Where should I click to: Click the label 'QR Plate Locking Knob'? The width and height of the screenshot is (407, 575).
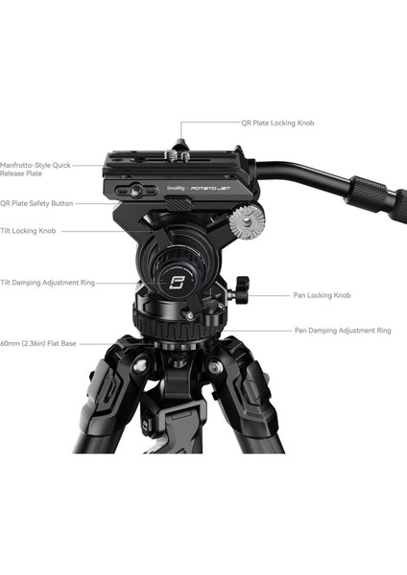point(277,123)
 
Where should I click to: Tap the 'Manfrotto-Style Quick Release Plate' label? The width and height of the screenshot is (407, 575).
point(36,169)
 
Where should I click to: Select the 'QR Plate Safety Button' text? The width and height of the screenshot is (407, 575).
point(36,203)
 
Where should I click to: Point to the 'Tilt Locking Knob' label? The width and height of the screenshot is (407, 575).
point(28,231)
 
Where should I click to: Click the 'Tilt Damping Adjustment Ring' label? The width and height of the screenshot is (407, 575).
point(47,282)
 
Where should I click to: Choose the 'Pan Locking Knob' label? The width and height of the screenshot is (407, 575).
point(323,295)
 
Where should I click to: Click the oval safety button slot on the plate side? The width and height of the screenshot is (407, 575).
point(135,191)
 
